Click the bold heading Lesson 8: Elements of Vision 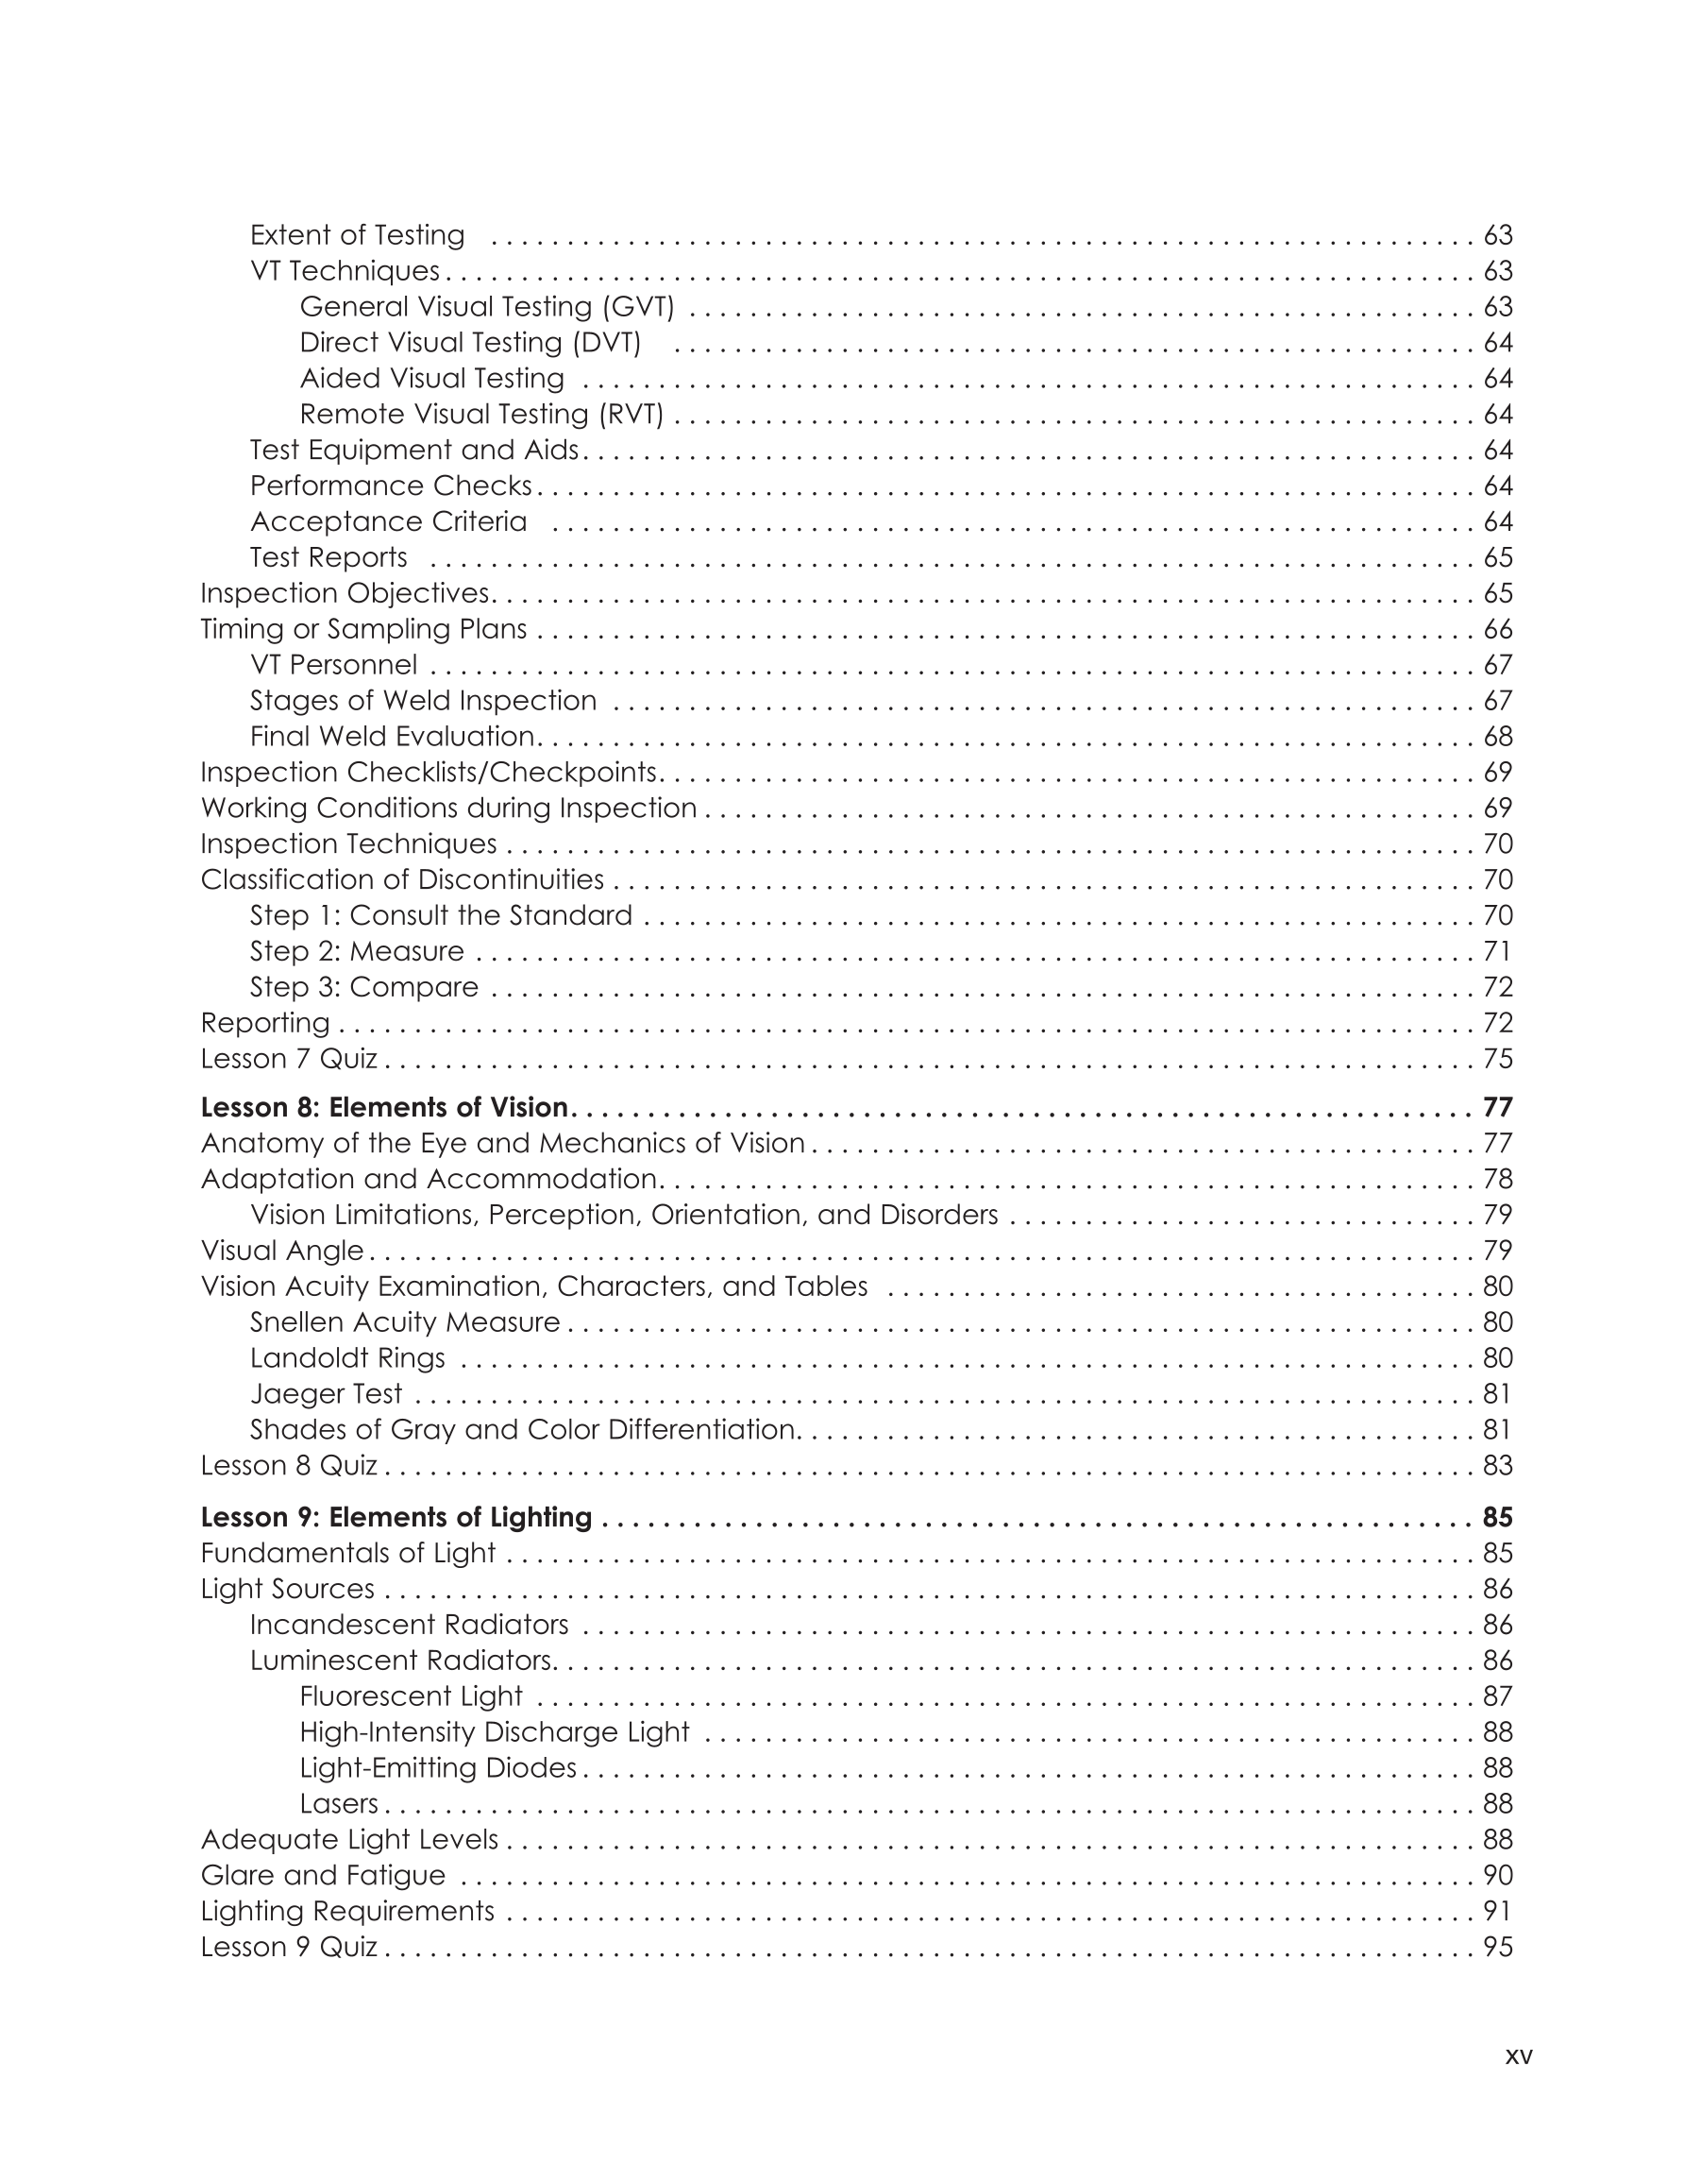(384, 1107)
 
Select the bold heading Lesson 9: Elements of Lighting (396, 1517)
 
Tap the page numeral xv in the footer (1518, 2056)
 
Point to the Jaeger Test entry (326, 1393)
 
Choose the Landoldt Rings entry (347, 1358)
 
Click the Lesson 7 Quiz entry (289, 1059)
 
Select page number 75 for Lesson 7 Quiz (1497, 1059)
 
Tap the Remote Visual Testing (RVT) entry (481, 415)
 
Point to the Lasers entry (338, 1803)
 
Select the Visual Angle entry (281, 1251)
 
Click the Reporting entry (264, 1023)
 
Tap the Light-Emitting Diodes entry (437, 1767)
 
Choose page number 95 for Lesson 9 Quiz (1497, 1948)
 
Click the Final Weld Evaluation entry (394, 737)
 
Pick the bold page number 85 (1497, 1517)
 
